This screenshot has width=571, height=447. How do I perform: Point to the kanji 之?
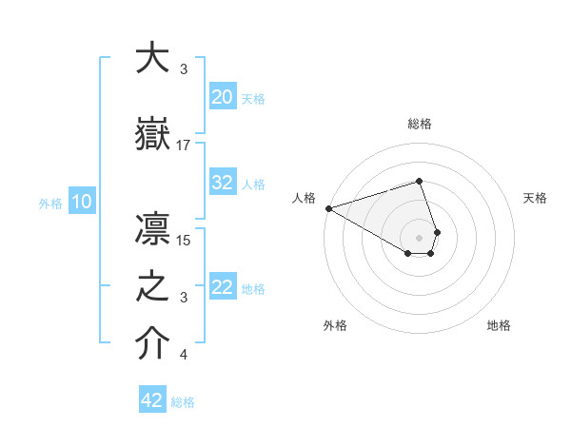click(x=152, y=288)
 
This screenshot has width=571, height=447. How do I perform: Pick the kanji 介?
click(x=152, y=344)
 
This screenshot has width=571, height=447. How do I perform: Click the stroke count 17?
click(x=184, y=146)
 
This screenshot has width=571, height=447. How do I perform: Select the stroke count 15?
click(x=185, y=240)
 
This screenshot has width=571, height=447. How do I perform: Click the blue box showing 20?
click(x=223, y=97)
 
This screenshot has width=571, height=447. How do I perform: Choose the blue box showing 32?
click(x=223, y=183)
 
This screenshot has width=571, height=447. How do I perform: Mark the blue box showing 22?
click(x=223, y=287)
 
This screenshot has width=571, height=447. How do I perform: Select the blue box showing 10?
click(x=82, y=202)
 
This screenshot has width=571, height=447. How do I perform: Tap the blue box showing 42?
click(x=152, y=400)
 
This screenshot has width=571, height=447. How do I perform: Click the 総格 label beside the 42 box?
click(x=183, y=402)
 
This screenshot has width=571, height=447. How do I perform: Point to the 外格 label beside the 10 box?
click(x=50, y=203)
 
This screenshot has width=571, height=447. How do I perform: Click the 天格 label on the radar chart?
click(x=535, y=198)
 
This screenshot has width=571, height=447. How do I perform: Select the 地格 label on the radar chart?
click(x=499, y=326)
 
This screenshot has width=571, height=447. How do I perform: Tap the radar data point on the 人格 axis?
click(x=328, y=208)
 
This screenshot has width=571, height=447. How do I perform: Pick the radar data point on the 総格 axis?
click(x=419, y=180)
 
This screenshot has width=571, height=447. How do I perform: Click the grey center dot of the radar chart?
click(x=419, y=237)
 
